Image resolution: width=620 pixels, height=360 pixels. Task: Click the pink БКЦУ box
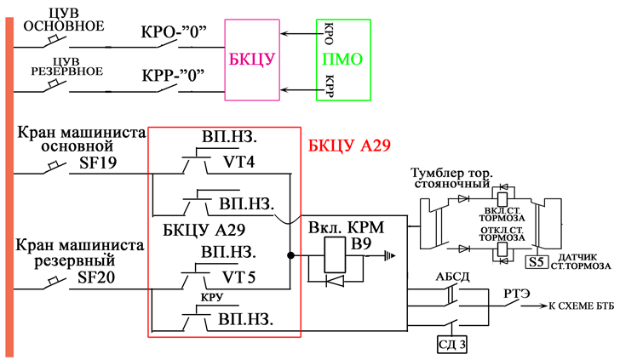[251, 60]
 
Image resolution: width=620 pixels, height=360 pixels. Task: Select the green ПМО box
[344, 60]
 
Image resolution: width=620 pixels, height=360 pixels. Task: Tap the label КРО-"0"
[174, 37]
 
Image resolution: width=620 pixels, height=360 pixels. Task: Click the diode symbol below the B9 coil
[334, 279]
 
